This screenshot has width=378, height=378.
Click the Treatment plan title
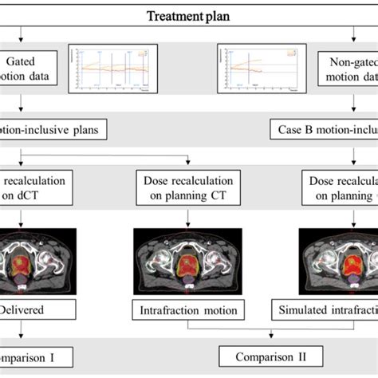[188, 14]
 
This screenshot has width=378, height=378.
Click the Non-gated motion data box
[351, 69]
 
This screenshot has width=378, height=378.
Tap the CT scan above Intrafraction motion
[186, 258]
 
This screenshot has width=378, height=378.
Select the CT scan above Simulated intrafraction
[338, 258]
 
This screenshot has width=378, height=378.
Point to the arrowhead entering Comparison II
[262, 343]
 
